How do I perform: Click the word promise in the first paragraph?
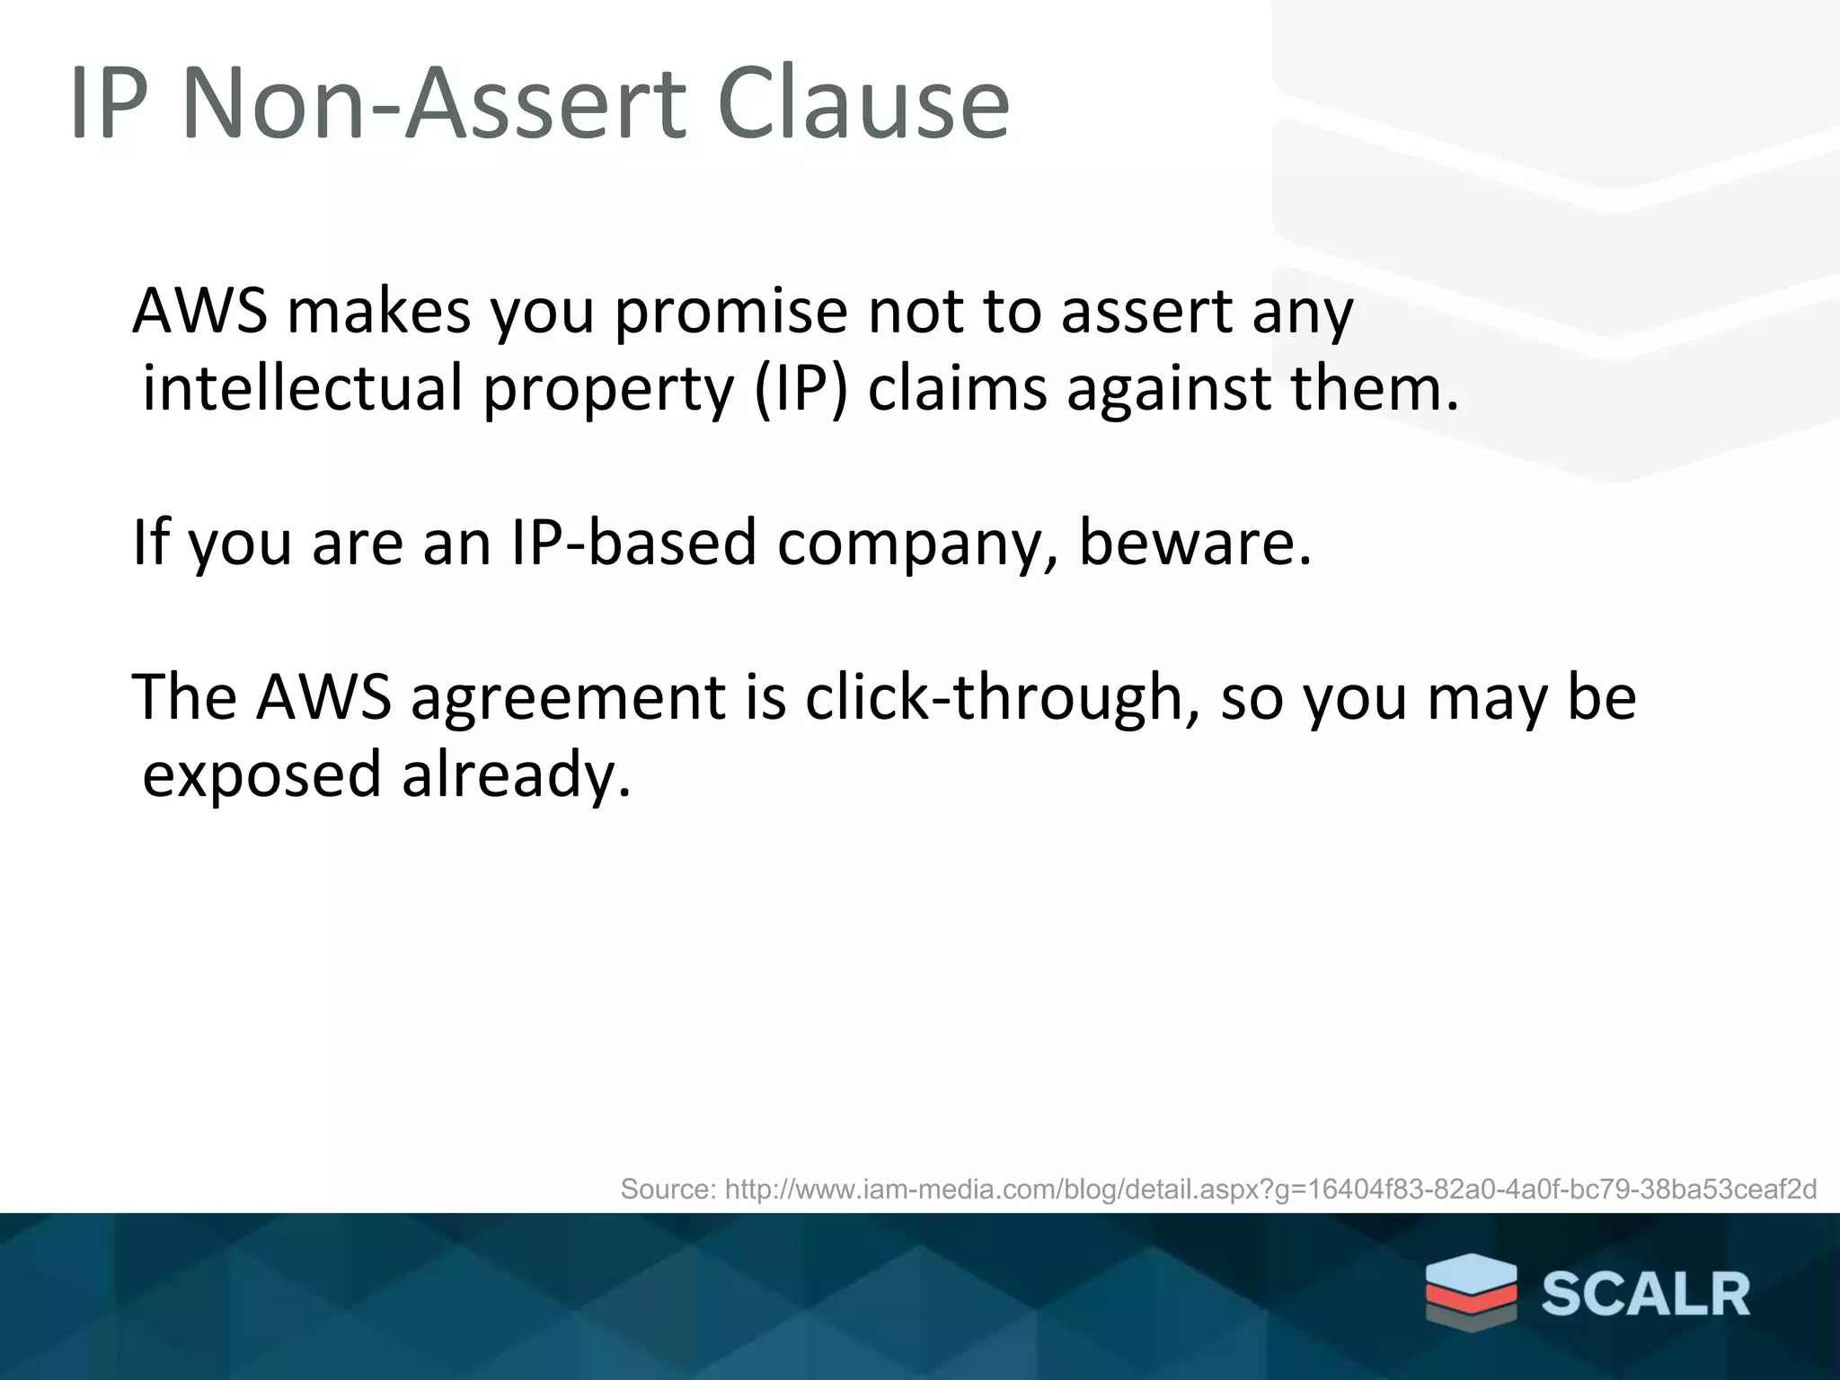point(730,312)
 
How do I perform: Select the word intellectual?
point(303,389)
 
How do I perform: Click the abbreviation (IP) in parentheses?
point(801,389)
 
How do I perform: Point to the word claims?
point(957,389)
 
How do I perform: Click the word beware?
point(1195,543)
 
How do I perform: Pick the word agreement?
point(568,698)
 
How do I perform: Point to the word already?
point(516,775)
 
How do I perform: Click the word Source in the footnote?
point(668,1190)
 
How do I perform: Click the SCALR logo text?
point(1646,1295)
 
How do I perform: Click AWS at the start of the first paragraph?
point(199,312)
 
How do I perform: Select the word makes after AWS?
point(379,312)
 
